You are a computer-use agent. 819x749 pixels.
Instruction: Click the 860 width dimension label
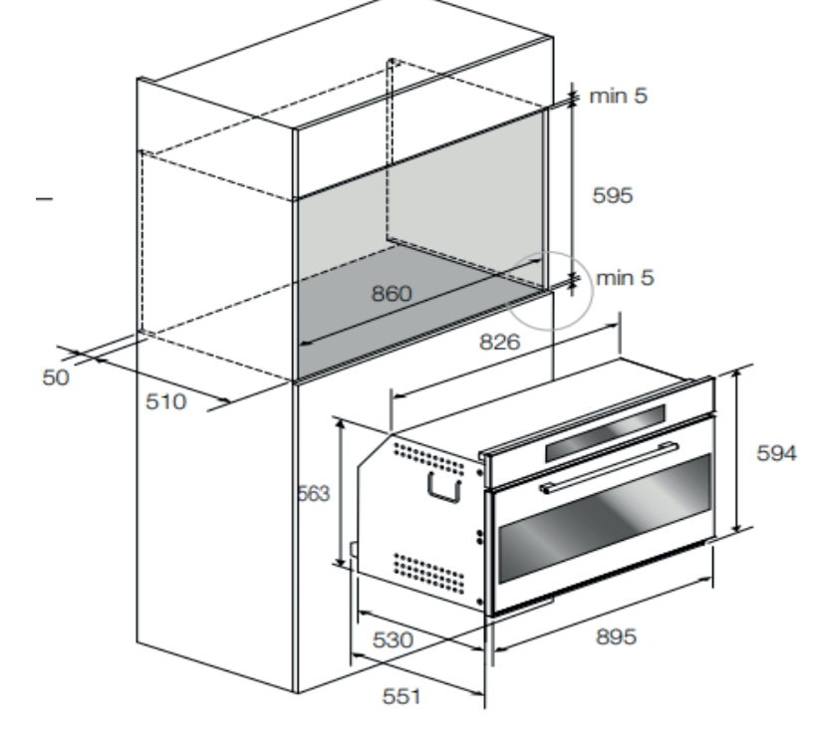tap(392, 294)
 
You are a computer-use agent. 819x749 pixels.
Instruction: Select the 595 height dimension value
tap(612, 195)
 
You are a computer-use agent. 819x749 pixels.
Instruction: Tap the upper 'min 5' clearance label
tap(619, 96)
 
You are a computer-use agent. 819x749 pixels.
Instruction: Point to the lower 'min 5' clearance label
tap(625, 277)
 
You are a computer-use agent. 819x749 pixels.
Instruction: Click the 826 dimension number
tap(500, 342)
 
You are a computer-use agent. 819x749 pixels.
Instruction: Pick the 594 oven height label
tap(777, 453)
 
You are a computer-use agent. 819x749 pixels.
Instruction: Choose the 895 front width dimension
tap(616, 636)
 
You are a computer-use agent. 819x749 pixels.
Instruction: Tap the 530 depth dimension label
tap(393, 639)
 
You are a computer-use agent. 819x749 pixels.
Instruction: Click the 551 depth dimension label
tap(402, 696)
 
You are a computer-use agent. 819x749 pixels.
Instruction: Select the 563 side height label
tap(314, 493)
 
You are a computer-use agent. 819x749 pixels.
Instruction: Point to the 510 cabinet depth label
tap(165, 401)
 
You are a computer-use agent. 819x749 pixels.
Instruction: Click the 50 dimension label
tap(56, 377)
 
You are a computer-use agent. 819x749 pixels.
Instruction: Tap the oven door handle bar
tap(609, 468)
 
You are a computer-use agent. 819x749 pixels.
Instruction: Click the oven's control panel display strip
tap(606, 433)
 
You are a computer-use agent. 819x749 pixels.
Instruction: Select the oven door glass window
tap(605, 518)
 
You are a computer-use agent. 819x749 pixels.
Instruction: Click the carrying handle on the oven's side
tap(444, 487)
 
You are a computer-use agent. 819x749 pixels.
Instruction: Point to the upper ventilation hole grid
tap(428, 459)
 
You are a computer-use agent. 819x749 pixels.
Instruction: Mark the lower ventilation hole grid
tap(428, 573)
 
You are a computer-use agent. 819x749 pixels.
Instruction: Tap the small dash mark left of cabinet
tap(45, 198)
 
